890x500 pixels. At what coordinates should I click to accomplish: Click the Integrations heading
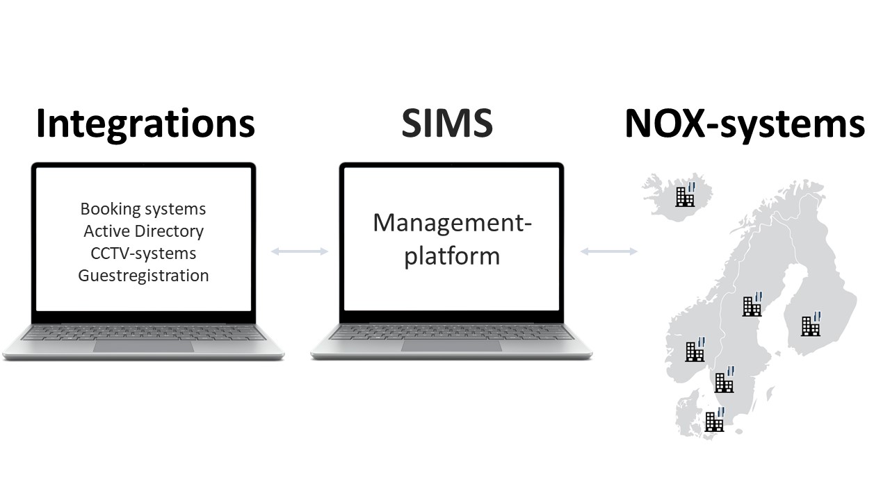(145, 124)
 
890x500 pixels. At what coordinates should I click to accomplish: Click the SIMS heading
(447, 123)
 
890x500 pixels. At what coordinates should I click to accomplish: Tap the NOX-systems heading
(745, 124)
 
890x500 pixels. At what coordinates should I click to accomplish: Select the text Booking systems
(143, 209)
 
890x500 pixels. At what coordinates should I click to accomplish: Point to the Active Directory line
(143, 231)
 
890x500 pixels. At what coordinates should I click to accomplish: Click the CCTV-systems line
(143, 253)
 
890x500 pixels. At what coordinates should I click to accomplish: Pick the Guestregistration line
(143, 276)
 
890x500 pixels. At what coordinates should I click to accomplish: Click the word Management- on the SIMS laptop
(452, 223)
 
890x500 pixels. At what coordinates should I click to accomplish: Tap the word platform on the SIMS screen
(452, 256)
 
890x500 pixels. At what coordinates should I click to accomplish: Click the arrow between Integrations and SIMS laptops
(300, 251)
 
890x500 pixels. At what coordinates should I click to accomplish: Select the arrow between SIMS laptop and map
(608, 251)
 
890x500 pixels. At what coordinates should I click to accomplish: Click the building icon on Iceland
(686, 194)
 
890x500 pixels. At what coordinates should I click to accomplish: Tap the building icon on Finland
(811, 324)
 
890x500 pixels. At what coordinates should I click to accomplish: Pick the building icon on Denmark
(714, 419)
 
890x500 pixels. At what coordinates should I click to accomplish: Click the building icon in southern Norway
(695, 349)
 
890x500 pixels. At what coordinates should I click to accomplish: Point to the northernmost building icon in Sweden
(752, 304)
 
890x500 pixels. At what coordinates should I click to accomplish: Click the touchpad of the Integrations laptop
(143, 346)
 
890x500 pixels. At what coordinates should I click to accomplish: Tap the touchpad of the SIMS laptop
(451, 346)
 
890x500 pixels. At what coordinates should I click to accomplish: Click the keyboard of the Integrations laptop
(143, 333)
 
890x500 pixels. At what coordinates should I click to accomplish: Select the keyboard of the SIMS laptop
(451, 333)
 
